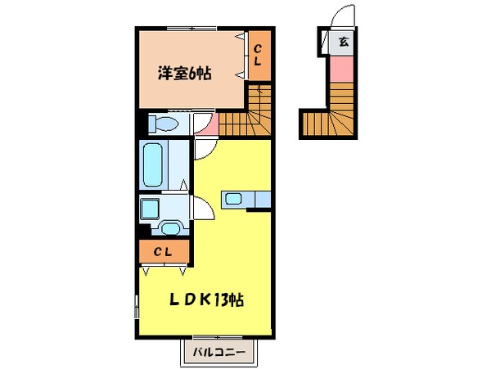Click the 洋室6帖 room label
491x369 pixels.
click(x=185, y=74)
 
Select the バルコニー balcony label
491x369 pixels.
click(x=218, y=353)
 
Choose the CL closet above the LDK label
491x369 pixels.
click(x=164, y=252)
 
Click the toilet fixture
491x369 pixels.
click(x=164, y=124)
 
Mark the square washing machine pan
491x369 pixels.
click(x=151, y=209)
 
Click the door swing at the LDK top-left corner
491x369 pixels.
click(x=204, y=147)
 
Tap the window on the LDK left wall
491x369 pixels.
click(x=136, y=311)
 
